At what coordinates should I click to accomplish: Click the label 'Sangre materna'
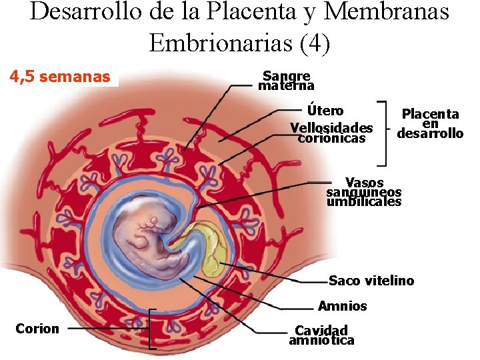pos(286,81)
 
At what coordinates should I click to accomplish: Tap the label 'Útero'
pos(325,110)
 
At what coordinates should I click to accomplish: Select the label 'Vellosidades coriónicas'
pos(331,133)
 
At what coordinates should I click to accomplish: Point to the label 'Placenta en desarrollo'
pos(430,123)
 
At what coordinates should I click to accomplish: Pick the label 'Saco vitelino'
pos(371,281)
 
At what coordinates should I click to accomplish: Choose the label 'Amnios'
pos(343,306)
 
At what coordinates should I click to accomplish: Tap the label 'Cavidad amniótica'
pos(321,335)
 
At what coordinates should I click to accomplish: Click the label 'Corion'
pos(37,328)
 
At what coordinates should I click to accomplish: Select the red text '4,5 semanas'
pos(60,77)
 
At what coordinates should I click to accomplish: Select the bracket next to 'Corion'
pos(151,329)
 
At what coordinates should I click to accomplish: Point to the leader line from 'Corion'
pos(107,329)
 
